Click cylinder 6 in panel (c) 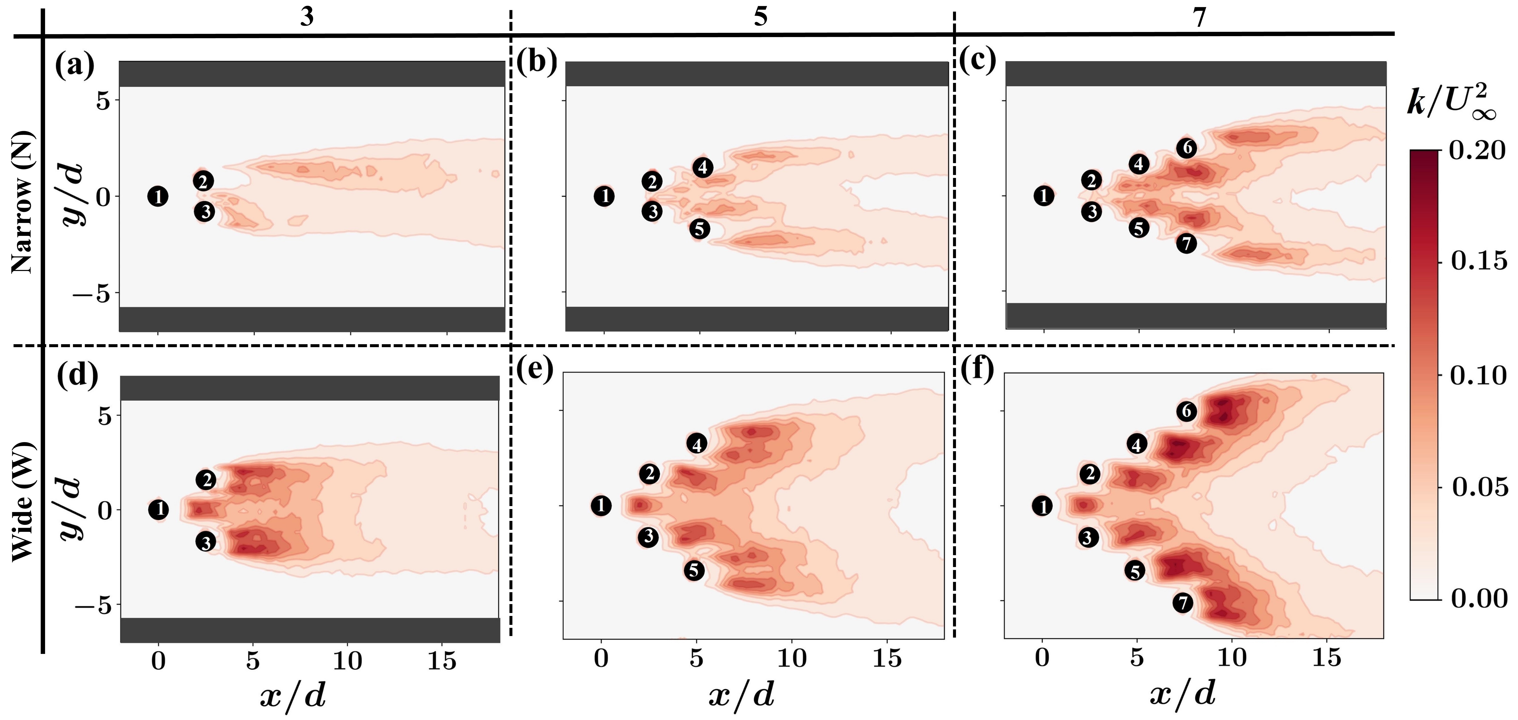(1186, 148)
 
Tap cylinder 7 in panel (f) (1182, 603)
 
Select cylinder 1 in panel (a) (158, 196)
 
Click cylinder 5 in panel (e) (694, 570)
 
